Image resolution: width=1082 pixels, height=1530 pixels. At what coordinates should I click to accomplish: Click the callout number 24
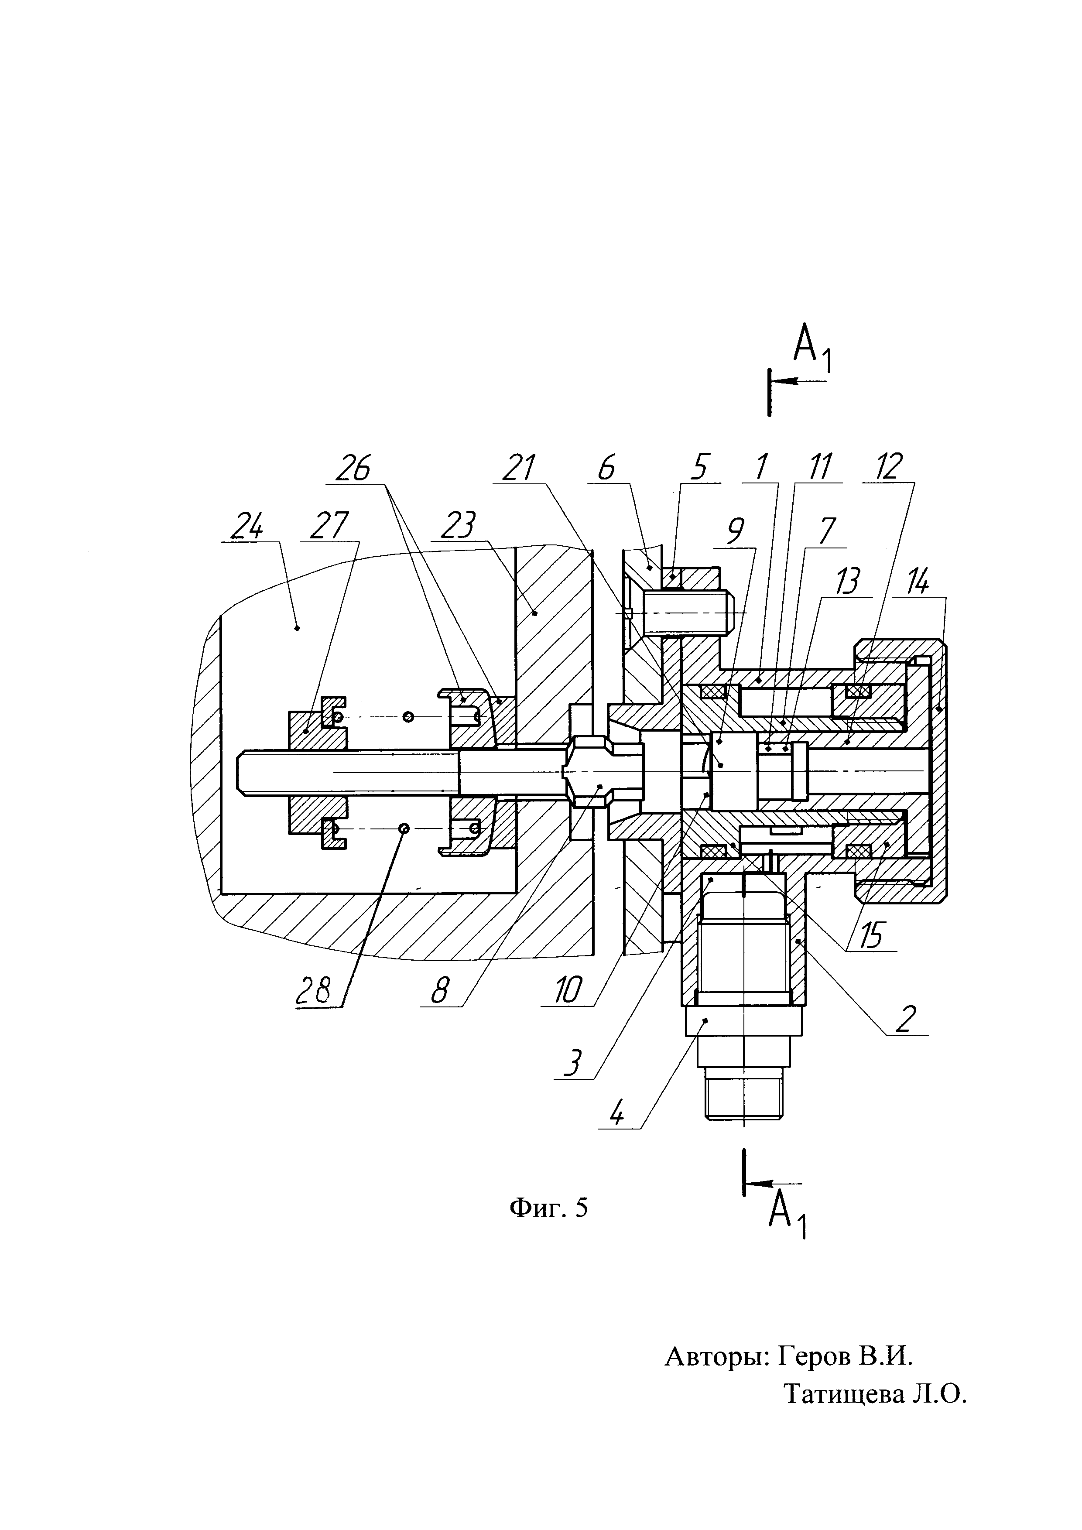(x=247, y=528)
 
